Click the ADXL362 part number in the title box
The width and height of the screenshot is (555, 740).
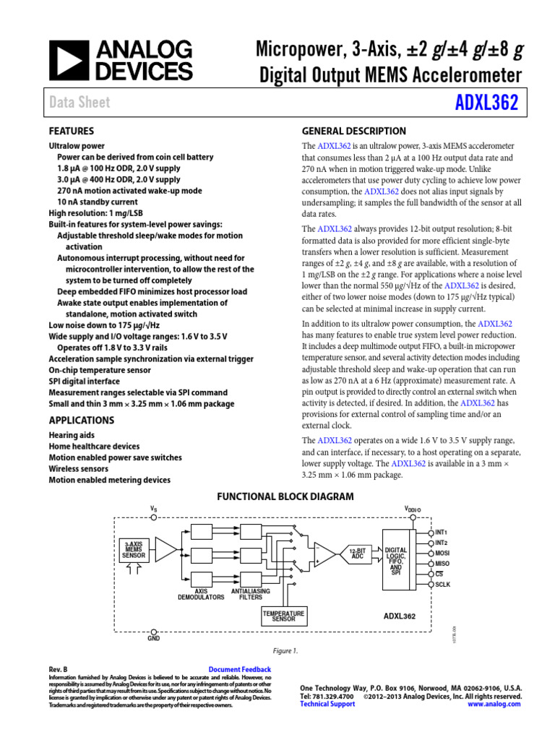tap(488, 102)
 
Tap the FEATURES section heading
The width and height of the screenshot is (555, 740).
tap(71, 132)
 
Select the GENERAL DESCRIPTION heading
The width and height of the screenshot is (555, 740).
tap(353, 131)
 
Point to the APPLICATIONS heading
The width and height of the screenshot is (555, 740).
tap(81, 420)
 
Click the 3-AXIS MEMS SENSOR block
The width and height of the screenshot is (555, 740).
tap(134, 551)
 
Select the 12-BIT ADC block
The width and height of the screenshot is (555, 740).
tap(357, 554)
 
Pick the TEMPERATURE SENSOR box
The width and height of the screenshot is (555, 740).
tap(283, 616)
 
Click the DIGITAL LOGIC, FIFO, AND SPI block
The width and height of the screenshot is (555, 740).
tap(395, 561)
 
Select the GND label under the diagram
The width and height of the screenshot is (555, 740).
tap(153, 639)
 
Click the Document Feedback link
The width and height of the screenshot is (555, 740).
tap(239, 670)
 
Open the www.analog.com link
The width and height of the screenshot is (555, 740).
tap(494, 703)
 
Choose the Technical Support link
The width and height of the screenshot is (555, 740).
tap(327, 703)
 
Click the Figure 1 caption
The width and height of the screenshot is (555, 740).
tap(285, 650)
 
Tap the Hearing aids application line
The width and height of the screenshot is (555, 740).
tap(72, 436)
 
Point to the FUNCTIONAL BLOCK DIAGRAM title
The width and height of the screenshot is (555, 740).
tap(285, 496)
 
